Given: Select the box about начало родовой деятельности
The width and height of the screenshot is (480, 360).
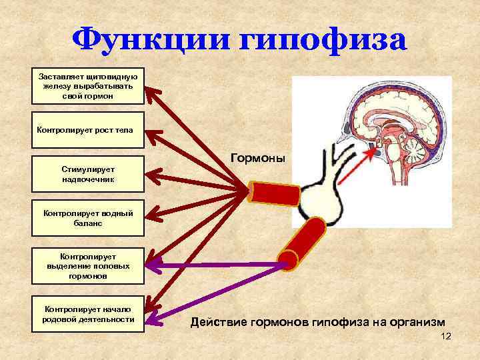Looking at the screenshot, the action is (x=88, y=314).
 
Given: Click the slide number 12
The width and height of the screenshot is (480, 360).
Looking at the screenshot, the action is (x=446, y=337).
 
